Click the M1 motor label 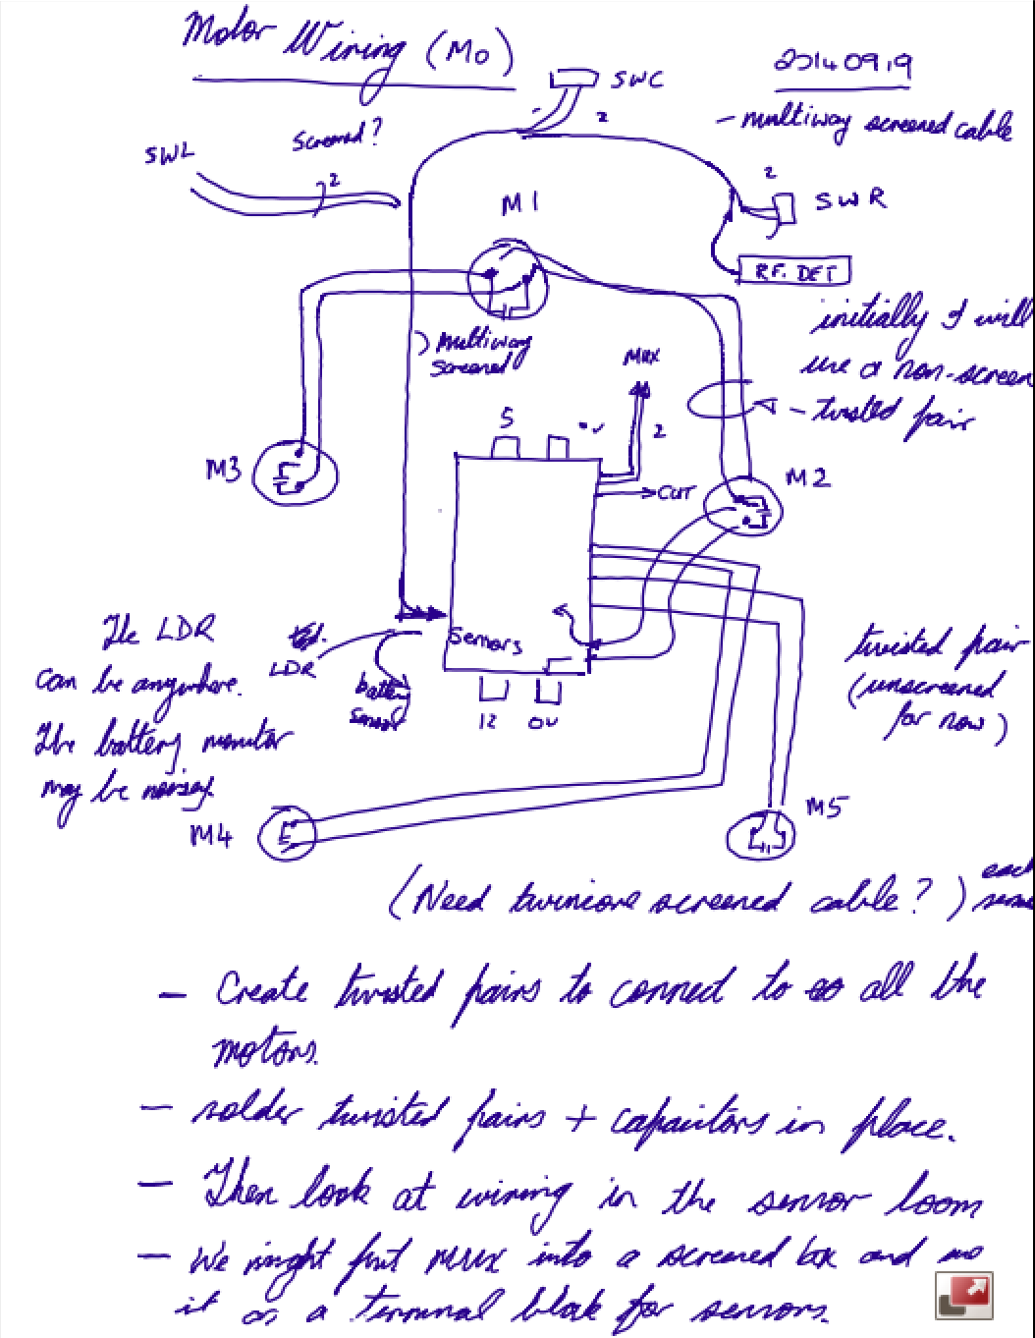pos(517,205)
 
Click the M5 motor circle pos(761,836)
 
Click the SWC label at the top pos(636,80)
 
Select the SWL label pos(169,154)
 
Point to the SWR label pos(850,199)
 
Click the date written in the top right pos(842,64)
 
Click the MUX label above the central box pos(641,356)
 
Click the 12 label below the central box pos(488,722)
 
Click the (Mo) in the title pos(468,57)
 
